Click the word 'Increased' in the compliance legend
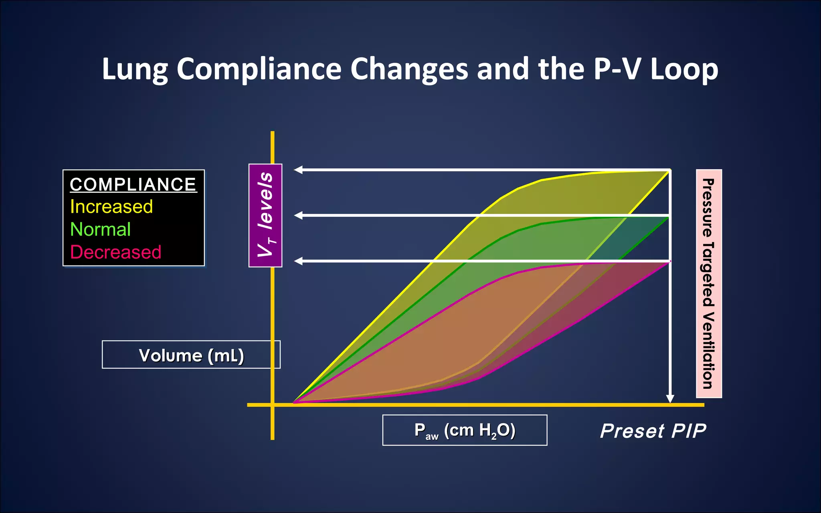[111, 207]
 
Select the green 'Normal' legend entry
[100, 230]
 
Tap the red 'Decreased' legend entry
[115, 252]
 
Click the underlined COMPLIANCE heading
[133, 185]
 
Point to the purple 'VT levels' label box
[265, 215]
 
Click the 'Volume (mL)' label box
[191, 355]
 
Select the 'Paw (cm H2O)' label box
[465, 430]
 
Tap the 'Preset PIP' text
[653, 431]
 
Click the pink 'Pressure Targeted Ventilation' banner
[709, 283]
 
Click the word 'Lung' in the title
[135, 69]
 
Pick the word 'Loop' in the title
[684, 69]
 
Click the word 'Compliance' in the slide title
[259, 69]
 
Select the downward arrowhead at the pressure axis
[670, 398]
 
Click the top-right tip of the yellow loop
[669, 171]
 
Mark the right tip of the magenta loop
[669, 262]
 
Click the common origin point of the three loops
[294, 402]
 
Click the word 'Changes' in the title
[409, 69]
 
